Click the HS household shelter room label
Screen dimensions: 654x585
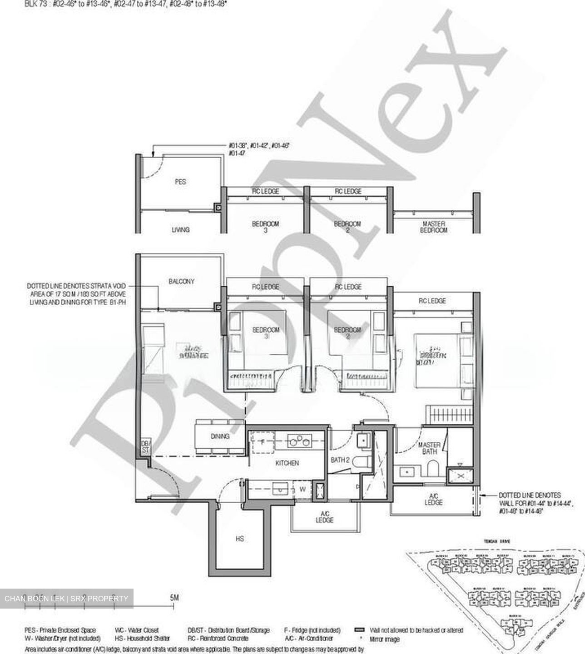coord(240,539)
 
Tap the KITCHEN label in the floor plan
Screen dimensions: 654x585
coord(287,463)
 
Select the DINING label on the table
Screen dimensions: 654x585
coord(220,436)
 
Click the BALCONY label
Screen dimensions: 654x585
coord(181,282)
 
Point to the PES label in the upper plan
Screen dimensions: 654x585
coord(180,182)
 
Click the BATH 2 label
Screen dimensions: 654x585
coord(340,460)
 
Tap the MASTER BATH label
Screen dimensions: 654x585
coord(429,448)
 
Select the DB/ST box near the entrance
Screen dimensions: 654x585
coord(145,447)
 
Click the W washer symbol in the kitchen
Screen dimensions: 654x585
coord(302,490)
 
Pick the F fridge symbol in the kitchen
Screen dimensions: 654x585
coord(262,441)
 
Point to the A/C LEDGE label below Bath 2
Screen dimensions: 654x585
coord(324,517)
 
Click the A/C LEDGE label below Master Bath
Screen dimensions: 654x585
coord(433,500)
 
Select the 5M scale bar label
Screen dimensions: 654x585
coord(174,598)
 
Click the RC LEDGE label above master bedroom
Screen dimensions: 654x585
coord(432,301)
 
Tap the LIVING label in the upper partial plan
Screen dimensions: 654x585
coord(180,230)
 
